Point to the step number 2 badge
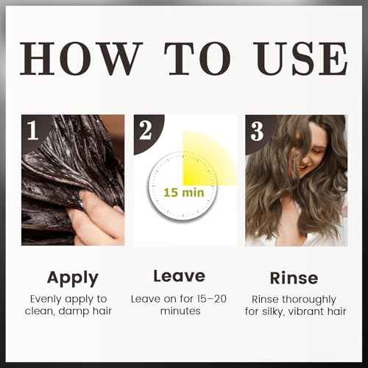[x=145, y=131]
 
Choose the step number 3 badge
[x=256, y=131]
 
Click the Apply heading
[x=73, y=277]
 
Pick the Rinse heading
[x=294, y=277]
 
